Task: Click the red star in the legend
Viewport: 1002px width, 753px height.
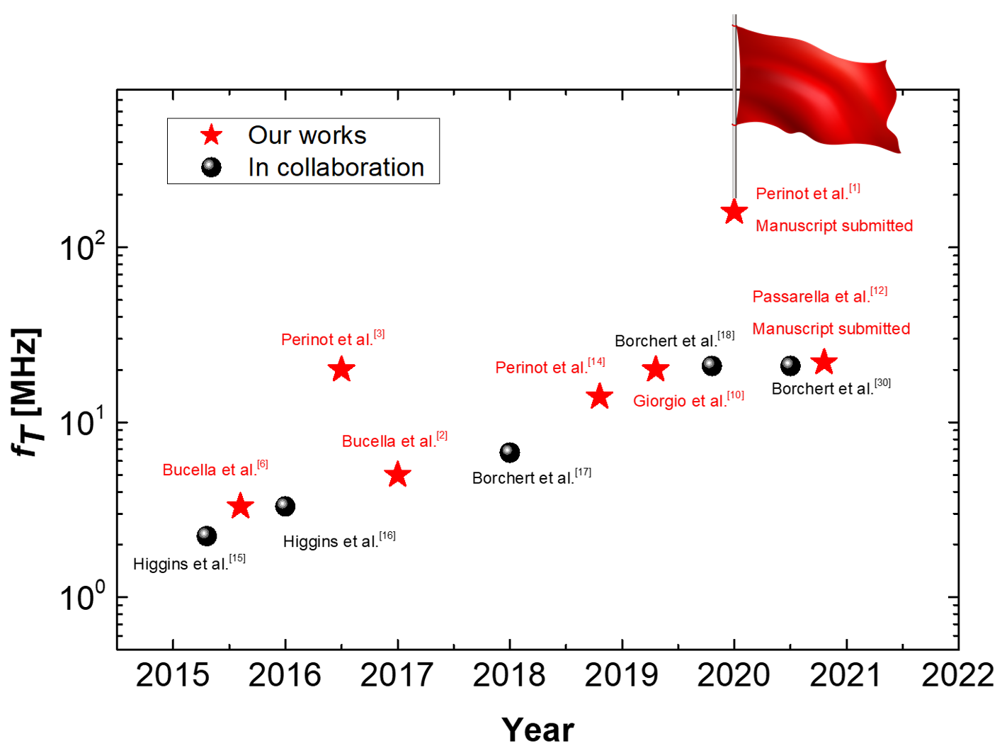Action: coord(211,135)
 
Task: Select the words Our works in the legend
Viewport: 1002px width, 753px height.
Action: coord(307,135)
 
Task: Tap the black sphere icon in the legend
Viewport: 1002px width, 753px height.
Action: coord(211,167)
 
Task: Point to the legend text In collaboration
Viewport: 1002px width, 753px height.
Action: coord(336,168)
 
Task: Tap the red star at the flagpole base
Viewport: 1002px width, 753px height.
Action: coord(734,211)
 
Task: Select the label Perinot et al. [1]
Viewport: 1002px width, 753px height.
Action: coord(808,193)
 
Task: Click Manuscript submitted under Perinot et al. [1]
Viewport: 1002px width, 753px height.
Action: coord(834,226)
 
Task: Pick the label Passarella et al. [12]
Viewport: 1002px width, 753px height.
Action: coord(819,295)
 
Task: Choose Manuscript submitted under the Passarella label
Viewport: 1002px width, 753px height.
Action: coord(831,329)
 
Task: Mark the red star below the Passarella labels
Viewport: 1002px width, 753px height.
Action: coord(824,362)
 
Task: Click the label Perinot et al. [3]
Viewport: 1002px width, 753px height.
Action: coord(333,339)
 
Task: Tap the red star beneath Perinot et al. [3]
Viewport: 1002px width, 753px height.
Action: coord(341,369)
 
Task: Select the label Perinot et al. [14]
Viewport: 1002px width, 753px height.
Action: coord(550,367)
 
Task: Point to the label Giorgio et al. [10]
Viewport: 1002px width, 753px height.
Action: coord(688,400)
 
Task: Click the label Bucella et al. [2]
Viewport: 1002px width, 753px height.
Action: coord(394,441)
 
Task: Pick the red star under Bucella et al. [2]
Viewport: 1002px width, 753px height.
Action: coord(397,474)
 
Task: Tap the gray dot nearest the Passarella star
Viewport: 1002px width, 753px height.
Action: coord(787,363)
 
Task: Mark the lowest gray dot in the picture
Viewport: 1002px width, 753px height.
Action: coord(204,533)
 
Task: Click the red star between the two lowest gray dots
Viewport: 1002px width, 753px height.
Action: coord(241,506)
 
